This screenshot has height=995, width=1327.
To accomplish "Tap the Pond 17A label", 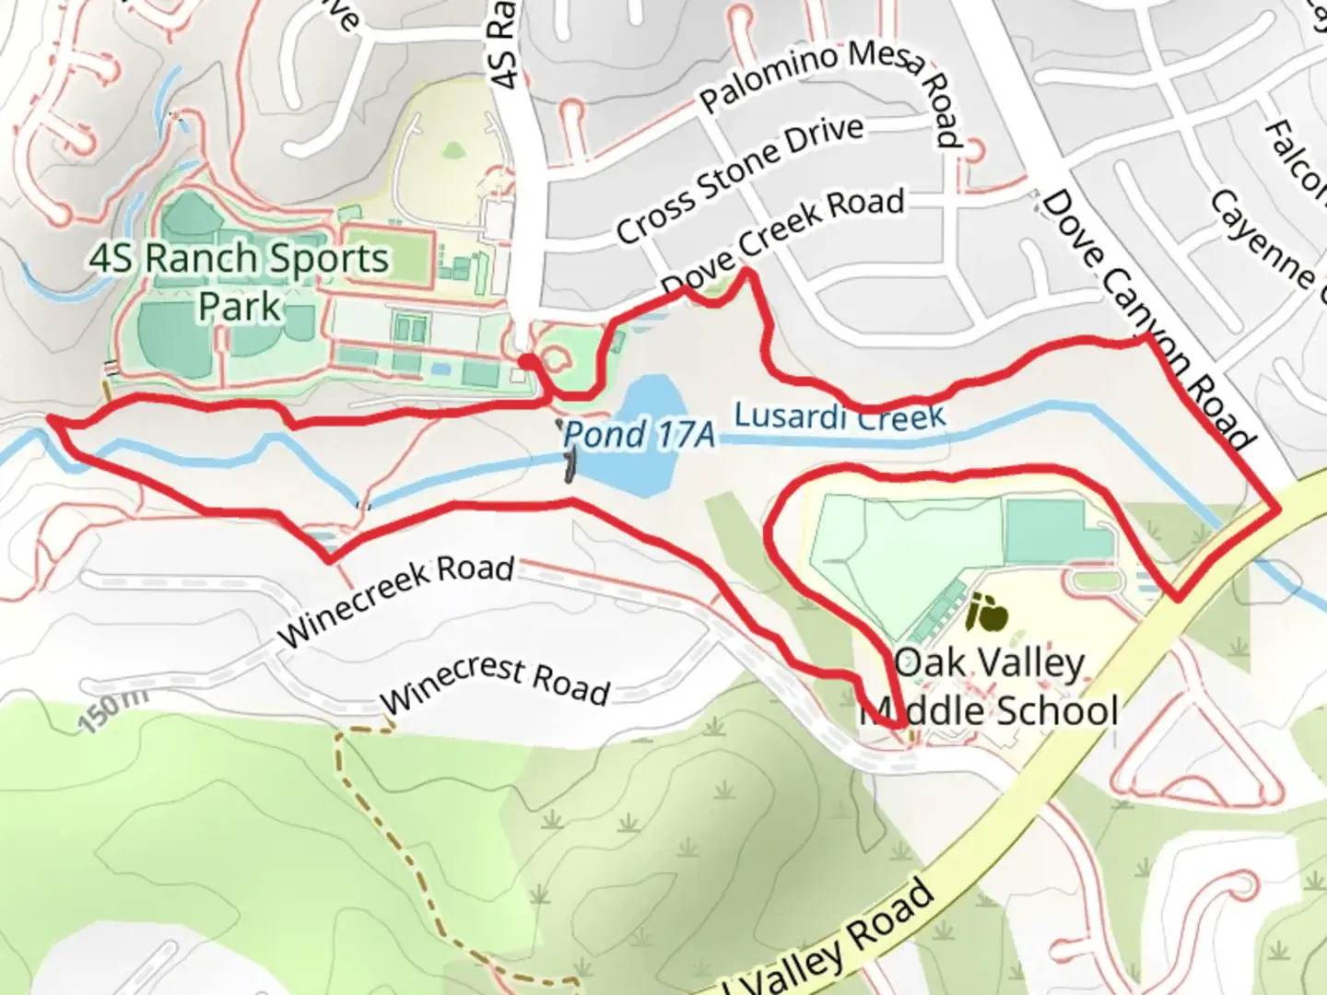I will pos(639,434).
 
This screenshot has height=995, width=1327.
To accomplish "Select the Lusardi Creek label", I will pos(840,416).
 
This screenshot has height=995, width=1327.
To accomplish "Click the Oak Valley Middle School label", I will pos(991,687).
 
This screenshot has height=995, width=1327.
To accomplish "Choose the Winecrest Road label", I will pos(495,682).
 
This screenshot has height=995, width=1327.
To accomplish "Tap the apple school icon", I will pos(987,613).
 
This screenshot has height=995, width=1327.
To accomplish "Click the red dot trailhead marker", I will pos(525,362).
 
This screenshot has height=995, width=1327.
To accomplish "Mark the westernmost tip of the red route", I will pos(49,419).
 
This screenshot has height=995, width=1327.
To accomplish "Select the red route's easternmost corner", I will pos(1278,509).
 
